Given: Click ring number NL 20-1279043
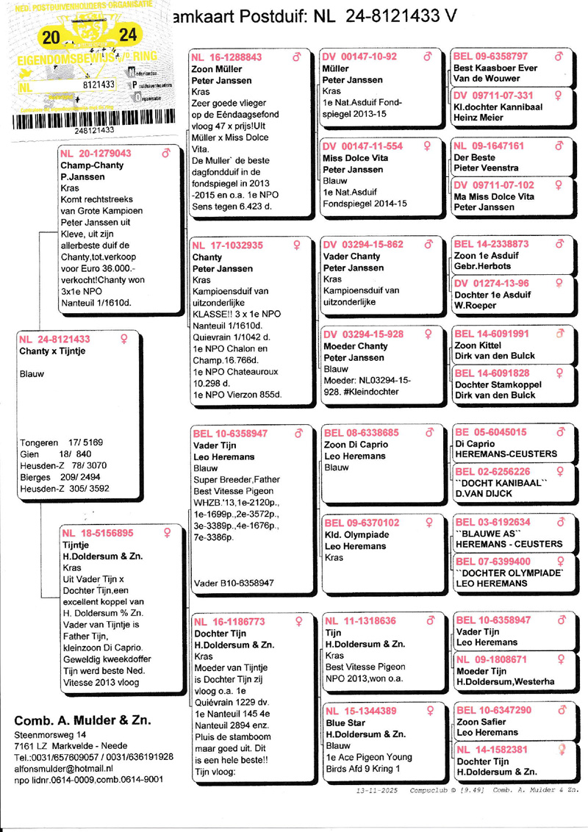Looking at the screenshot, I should (x=96, y=154).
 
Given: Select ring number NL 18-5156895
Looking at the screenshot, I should (x=98, y=533).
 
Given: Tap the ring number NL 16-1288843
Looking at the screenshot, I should (x=226, y=57).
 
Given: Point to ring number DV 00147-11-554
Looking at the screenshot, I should (x=363, y=146).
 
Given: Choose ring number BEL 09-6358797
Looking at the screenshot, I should (x=491, y=57).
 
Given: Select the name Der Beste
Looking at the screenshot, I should (x=474, y=157).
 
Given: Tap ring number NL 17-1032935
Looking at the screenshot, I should (x=227, y=245).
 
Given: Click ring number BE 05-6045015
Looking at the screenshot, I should (x=490, y=432).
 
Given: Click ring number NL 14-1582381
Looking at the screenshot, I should (x=492, y=749).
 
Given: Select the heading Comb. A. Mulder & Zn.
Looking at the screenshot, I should (x=83, y=720).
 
